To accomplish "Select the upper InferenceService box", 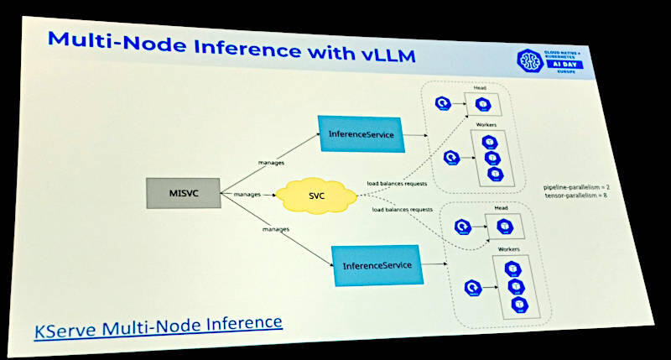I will click(x=361, y=134).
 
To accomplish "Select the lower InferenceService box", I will click(x=377, y=265).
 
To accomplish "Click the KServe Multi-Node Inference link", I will click(x=158, y=324).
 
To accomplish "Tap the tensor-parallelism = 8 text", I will click(x=581, y=195).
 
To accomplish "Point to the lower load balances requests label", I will click(x=403, y=208).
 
